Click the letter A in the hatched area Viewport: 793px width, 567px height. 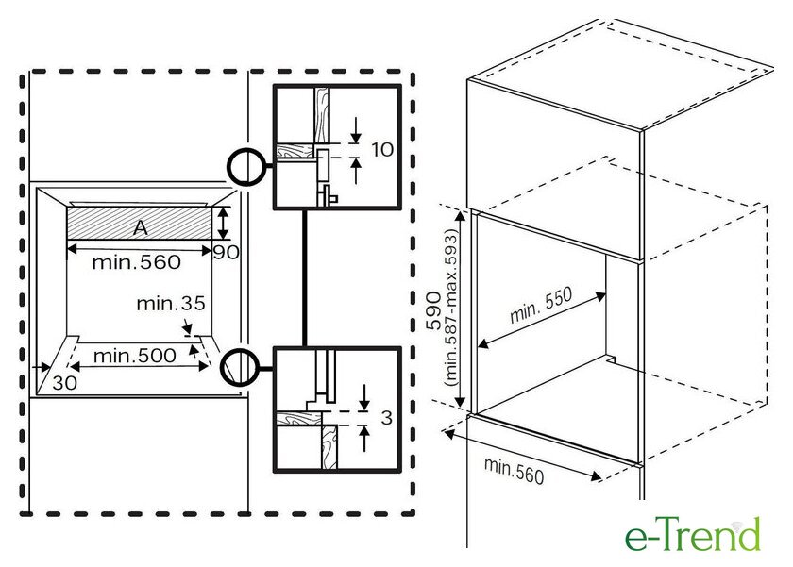tap(141, 228)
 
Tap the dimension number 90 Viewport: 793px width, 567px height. tap(226, 252)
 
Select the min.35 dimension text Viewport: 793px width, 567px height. tap(171, 303)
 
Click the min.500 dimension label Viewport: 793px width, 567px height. tap(134, 356)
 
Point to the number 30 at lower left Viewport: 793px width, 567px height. tap(65, 382)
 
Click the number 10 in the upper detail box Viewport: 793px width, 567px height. tap(382, 149)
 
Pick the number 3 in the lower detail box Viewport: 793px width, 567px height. tap(386, 417)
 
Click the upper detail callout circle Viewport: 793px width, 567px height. tap(246, 167)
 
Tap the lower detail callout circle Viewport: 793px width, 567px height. tap(240, 367)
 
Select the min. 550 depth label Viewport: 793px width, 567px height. tap(540, 305)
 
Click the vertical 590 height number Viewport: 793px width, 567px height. tap(433, 310)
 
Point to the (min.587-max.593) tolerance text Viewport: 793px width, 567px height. tap(451, 308)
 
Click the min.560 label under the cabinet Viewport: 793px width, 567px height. tap(514, 471)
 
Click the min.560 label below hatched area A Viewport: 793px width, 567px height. tap(136, 261)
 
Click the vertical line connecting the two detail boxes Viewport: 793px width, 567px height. tap(304, 277)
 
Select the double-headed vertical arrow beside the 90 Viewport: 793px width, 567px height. tap(223, 223)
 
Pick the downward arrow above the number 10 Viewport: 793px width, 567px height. tap(356, 130)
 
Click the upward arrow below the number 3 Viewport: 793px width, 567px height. tap(364, 439)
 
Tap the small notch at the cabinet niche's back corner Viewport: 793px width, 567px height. tap(611, 359)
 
